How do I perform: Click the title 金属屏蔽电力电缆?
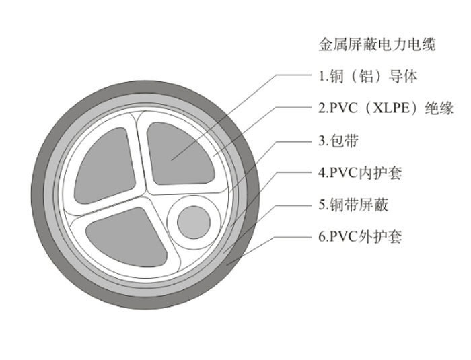(377, 45)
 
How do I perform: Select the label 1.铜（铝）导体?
(368, 76)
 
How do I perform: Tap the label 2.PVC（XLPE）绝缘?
(386, 108)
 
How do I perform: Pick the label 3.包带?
(338, 141)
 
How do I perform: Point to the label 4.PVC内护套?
(360, 173)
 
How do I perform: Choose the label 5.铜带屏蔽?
(353, 205)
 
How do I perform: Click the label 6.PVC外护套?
(360, 237)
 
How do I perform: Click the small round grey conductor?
(194, 222)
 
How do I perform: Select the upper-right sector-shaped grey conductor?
(180, 154)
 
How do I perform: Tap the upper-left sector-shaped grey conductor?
(105, 166)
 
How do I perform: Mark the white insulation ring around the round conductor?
(194, 222)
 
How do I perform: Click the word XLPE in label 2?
(391, 108)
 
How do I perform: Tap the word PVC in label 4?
(344, 173)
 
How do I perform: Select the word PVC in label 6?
(344, 237)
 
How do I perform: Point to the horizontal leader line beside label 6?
(293, 237)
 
